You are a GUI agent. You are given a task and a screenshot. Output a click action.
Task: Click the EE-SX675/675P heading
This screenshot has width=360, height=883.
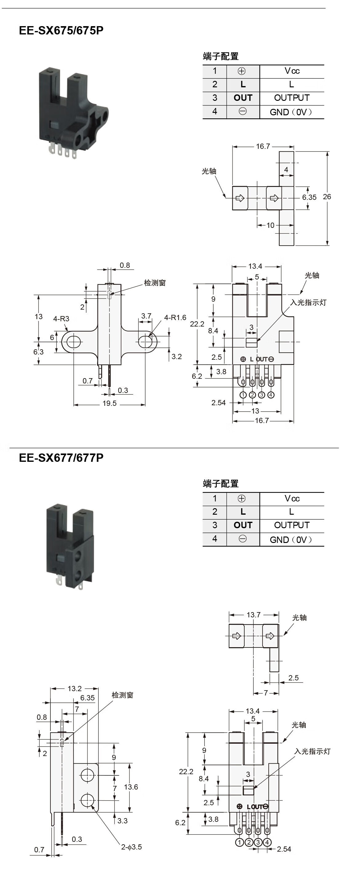tap(61, 30)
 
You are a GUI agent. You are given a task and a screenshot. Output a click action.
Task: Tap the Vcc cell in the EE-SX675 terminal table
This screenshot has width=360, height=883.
tap(292, 71)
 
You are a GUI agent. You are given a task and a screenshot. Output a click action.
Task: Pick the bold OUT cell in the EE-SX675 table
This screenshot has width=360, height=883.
tap(243, 98)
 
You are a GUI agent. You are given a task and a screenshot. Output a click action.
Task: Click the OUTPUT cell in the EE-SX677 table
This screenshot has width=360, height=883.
tap(292, 525)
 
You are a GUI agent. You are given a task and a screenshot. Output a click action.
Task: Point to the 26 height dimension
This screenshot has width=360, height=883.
tap(327, 197)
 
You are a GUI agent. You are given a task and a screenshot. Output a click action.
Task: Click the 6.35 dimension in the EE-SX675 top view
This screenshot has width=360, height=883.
tap(309, 197)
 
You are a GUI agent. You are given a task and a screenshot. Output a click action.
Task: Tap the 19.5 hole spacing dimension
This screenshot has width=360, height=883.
tap(110, 403)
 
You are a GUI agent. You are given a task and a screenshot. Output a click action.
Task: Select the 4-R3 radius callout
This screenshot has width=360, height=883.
tap(61, 319)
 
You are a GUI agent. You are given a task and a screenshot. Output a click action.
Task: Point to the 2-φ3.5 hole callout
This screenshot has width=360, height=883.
tap(131, 847)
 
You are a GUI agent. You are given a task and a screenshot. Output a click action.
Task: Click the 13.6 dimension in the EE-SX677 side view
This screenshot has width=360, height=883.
tap(131, 787)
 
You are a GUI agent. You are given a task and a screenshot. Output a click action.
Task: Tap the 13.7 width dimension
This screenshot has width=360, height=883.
tap(253, 615)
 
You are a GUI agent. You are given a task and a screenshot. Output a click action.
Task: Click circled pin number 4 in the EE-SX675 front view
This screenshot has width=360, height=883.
tap(271, 395)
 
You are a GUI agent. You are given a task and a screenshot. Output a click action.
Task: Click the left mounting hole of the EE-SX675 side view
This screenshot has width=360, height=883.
tap(73, 342)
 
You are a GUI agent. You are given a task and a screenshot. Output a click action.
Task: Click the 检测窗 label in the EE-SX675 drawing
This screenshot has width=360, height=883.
tap(155, 283)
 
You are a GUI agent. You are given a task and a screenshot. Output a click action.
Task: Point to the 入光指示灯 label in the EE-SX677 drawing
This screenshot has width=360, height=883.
tap(312, 751)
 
